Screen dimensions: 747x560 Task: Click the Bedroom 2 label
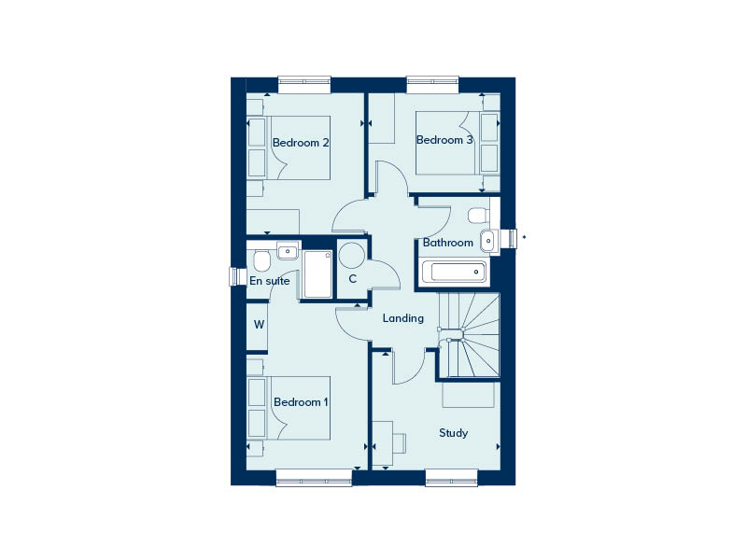[301, 143]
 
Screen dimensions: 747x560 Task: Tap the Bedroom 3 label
[444, 140]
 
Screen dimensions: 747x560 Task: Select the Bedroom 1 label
[301, 402]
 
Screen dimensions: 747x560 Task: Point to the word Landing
[403, 318]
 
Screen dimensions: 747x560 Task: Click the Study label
[453, 433]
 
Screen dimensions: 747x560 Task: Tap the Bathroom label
[448, 243]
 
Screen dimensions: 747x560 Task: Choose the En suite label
[270, 281]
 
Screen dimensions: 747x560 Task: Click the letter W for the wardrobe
[259, 325]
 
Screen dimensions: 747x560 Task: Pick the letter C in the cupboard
[353, 278]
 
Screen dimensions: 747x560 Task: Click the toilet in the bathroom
[479, 216]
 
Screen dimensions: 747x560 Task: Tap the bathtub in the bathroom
[455, 272]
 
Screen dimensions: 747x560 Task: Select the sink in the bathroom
[489, 241]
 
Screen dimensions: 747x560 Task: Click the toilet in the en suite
[261, 260]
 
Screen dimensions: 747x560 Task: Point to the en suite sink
[288, 251]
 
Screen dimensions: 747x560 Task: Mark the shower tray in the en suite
[317, 274]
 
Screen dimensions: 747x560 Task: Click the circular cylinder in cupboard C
[352, 256]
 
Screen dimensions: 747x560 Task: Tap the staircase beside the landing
[470, 335]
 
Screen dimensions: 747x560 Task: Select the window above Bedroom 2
[304, 85]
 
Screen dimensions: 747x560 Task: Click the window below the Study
[451, 478]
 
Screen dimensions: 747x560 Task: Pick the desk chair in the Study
[399, 443]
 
